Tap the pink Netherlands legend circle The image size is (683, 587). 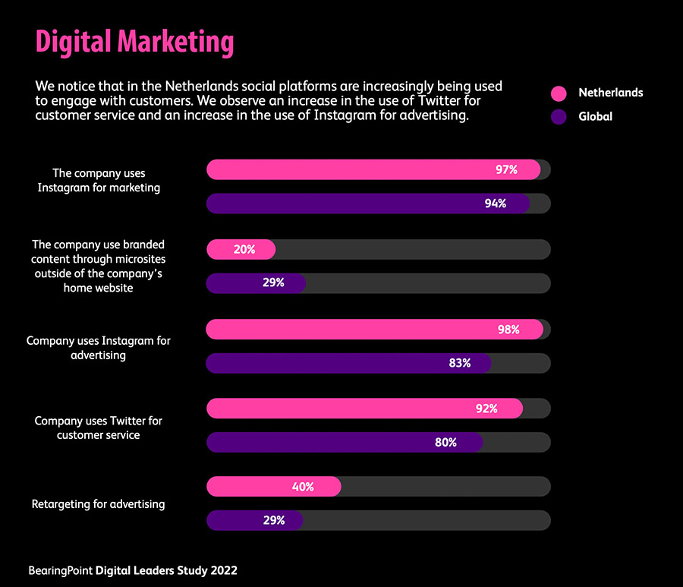tap(559, 93)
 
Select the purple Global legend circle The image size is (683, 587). tap(559, 117)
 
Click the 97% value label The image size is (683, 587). tap(506, 170)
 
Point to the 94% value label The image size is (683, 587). tap(496, 204)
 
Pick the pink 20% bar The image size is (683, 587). tap(241, 249)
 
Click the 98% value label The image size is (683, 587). tap(508, 330)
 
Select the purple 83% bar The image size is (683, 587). tap(348, 363)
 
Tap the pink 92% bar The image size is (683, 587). tap(364, 409)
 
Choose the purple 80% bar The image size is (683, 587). tap(345, 442)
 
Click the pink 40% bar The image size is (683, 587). tap(273, 487)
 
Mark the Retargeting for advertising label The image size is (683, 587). tap(98, 503)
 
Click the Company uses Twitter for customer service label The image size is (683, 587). tap(99, 428)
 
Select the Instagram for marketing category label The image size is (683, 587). tap(99, 181)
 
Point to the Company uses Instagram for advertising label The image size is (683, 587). tap(99, 348)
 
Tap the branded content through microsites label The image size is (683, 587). tap(99, 266)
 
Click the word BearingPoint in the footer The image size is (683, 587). tap(61, 570)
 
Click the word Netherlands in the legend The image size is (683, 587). tap(610, 93)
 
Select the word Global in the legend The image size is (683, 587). tap(595, 117)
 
